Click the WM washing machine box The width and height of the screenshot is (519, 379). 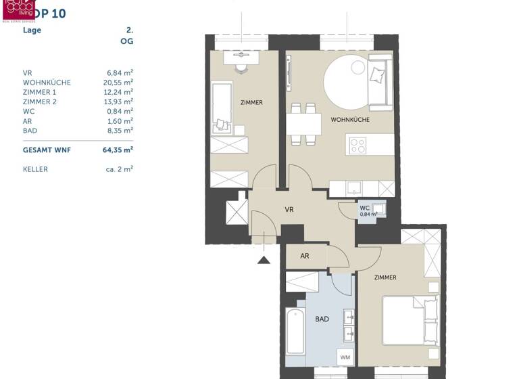coord(345,357)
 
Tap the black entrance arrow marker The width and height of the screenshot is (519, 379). coord(264,258)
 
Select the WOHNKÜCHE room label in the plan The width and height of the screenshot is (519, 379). coord(349,120)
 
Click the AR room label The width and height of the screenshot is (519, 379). coord(305,257)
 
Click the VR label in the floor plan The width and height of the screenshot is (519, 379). coord(289,210)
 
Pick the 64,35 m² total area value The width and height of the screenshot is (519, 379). coord(119,150)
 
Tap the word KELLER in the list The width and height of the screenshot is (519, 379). coord(35,169)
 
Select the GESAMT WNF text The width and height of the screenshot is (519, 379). coord(47,150)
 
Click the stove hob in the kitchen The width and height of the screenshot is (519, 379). coord(357,145)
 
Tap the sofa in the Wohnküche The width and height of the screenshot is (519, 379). coord(379,85)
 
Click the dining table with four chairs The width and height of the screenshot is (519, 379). coord(303,124)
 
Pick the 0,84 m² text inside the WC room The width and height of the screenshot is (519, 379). coord(368,215)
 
